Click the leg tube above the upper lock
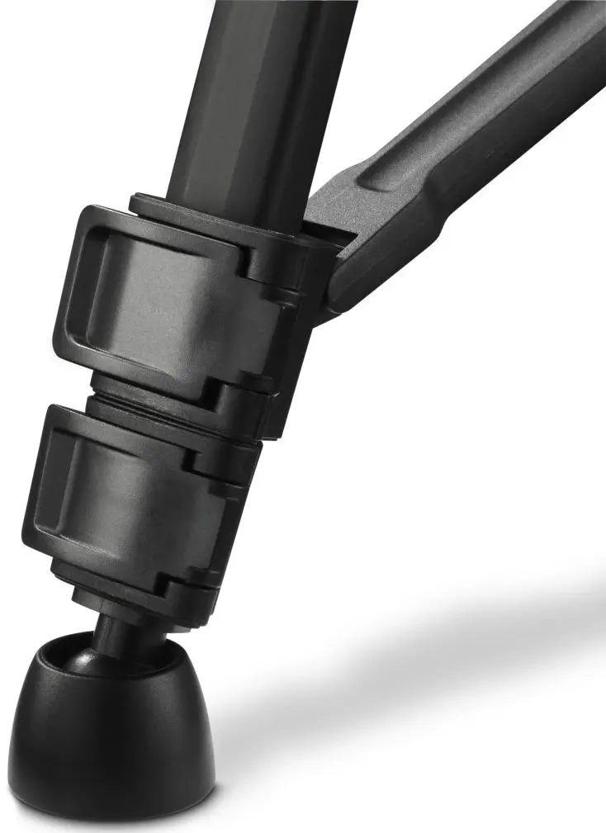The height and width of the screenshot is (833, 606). click(x=248, y=99)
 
